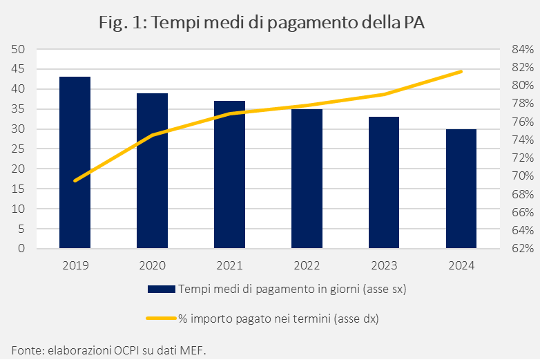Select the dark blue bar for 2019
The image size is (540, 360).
(x=75, y=162)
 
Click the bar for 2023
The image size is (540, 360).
(x=384, y=182)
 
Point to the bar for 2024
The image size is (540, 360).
(x=461, y=189)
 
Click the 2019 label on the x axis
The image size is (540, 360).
(x=75, y=265)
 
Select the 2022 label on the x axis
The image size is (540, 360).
(x=307, y=265)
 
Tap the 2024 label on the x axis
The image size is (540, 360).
(x=461, y=265)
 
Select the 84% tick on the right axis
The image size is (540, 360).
(x=523, y=50)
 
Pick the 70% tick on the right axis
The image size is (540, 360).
(x=523, y=176)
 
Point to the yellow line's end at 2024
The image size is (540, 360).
(x=461, y=71)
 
